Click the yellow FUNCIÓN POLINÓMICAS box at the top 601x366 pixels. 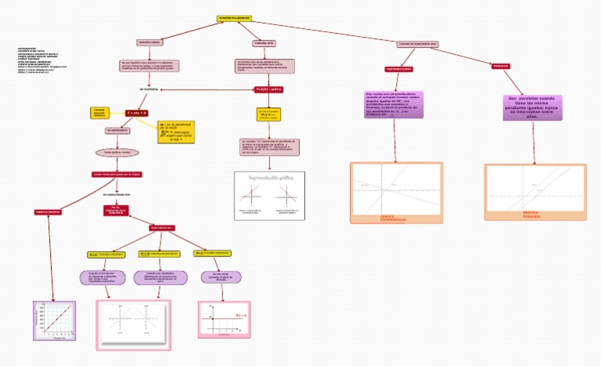coord(234,18)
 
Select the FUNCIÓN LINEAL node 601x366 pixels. coord(149,42)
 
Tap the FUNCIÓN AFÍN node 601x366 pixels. coord(264,43)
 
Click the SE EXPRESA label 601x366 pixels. coord(149,89)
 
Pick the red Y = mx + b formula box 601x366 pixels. coord(137,113)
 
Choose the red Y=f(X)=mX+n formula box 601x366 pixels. coord(268,89)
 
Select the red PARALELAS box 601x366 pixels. coord(501,66)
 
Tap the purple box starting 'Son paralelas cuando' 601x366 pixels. coord(534,106)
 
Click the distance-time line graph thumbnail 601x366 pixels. coord(53,320)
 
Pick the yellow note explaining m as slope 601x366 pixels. coord(176,131)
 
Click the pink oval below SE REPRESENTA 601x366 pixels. coord(117,152)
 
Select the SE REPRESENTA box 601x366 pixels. coord(118,130)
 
